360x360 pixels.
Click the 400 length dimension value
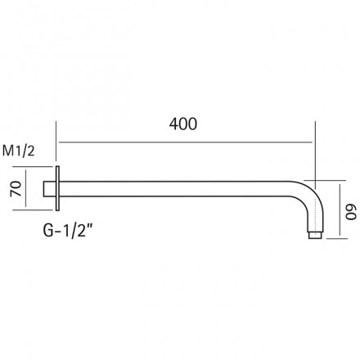coord(183,124)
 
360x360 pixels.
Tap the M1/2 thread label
coord(19,151)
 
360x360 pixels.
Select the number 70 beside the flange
coord(16,188)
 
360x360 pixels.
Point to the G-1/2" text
coord(67,231)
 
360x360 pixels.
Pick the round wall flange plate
coord(57,188)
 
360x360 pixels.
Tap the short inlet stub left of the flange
coord(49,188)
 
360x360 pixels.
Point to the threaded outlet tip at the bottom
coord(315,236)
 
